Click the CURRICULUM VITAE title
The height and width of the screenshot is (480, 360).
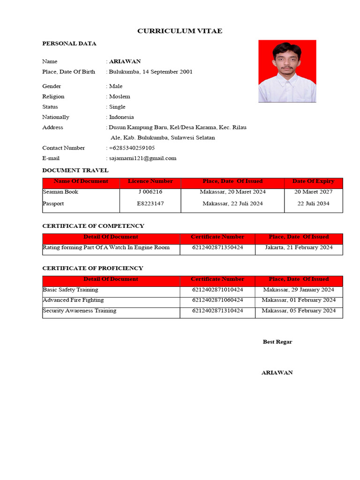pyautogui.click(x=180, y=31)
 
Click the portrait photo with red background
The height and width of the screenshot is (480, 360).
pyautogui.click(x=287, y=71)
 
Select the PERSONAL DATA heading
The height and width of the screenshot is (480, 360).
pyautogui.click(x=69, y=44)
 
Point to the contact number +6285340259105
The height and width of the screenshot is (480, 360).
pyautogui.click(x=132, y=148)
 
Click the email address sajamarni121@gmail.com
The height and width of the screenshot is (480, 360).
pyautogui.click(x=142, y=158)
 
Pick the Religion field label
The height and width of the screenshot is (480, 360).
pyautogui.click(x=53, y=97)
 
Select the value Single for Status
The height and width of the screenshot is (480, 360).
pyautogui.click(x=117, y=107)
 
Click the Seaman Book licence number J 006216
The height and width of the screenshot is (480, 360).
pyautogui.click(x=150, y=192)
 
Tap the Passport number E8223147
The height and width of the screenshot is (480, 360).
pyautogui.click(x=150, y=203)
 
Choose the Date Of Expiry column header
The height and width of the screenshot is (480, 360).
pyautogui.click(x=313, y=181)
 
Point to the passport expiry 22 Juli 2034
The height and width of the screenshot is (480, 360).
pyautogui.click(x=313, y=203)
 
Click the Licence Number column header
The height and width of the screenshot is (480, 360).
pyautogui.click(x=150, y=181)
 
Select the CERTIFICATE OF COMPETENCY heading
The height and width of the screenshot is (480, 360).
pyautogui.click(x=93, y=226)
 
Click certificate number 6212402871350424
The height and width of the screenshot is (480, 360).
pyautogui.click(x=217, y=247)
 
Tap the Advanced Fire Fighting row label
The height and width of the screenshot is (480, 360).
pyautogui.click(x=73, y=300)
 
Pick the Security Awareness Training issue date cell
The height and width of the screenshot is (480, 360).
pyautogui.click(x=299, y=311)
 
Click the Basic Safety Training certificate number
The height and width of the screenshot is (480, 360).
pyautogui.click(x=217, y=290)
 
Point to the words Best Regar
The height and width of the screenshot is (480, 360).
pyautogui.click(x=277, y=342)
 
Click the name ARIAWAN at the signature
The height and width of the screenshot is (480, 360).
pyautogui.click(x=277, y=373)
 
